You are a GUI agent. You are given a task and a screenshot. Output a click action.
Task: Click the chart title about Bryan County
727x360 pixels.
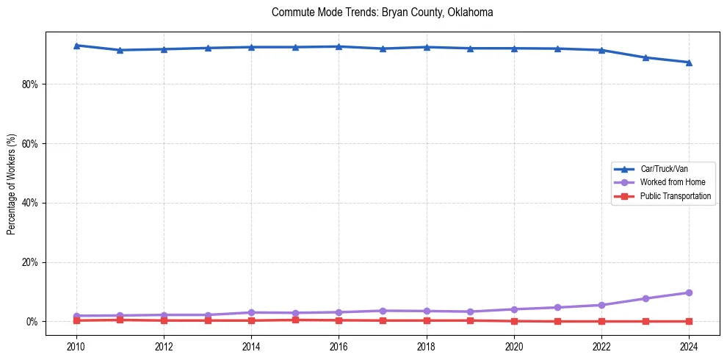click(382, 12)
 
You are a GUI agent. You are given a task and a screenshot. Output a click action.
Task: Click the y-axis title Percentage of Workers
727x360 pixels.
click(12, 184)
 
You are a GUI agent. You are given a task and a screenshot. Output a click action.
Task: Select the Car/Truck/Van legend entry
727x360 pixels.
click(663, 169)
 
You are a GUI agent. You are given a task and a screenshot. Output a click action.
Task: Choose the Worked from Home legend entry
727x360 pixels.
click(671, 182)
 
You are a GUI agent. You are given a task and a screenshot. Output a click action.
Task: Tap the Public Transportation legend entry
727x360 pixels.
click(675, 196)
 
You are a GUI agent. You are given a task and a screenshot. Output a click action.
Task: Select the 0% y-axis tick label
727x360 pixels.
click(32, 322)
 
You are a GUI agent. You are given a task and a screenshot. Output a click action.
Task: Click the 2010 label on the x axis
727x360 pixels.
click(76, 346)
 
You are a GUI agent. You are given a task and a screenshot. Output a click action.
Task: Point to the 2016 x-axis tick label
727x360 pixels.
click(339, 346)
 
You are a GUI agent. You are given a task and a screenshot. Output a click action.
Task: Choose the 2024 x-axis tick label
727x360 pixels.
click(689, 346)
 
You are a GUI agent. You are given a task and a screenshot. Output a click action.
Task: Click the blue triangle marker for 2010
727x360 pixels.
click(76, 46)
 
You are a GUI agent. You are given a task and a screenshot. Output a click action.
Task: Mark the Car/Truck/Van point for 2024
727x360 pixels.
click(689, 62)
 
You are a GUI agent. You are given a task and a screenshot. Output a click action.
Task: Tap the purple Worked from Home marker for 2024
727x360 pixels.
click(689, 292)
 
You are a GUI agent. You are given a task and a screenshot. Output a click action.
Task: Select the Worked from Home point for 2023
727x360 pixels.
click(645, 298)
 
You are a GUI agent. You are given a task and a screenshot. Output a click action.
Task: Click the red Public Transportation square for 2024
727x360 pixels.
click(689, 321)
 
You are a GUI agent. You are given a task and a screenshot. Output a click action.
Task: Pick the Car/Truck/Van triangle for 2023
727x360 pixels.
click(645, 57)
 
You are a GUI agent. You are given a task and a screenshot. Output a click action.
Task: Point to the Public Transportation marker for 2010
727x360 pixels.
click(76, 320)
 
